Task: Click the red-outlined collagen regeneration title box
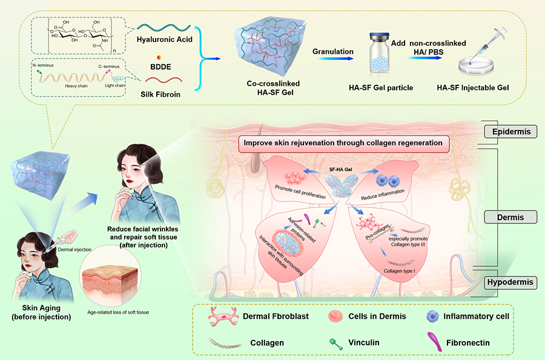pyautogui.click(x=345, y=144)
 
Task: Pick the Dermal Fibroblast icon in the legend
pyautogui.click(x=216, y=316)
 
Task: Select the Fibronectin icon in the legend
pyautogui.click(x=434, y=342)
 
